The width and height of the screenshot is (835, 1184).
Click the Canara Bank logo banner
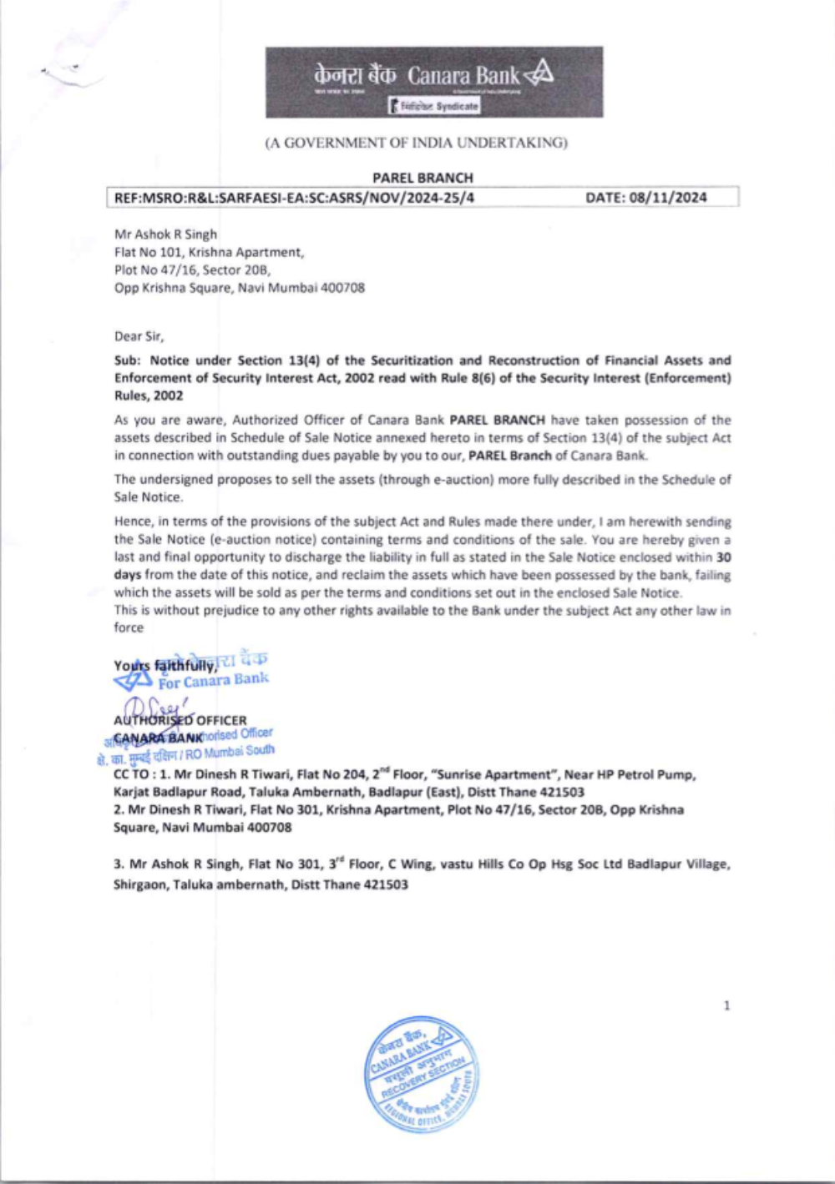(x=434, y=82)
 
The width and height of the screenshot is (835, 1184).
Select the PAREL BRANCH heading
(x=423, y=178)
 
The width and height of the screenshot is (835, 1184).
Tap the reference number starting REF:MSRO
(x=294, y=198)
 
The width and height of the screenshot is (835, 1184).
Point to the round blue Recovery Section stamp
(x=422, y=1075)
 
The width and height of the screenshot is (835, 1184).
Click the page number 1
(x=726, y=1005)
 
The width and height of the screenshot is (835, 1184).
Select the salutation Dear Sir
(x=139, y=336)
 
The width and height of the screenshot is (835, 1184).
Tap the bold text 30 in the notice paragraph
(x=724, y=557)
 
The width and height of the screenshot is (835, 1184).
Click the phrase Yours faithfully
(x=165, y=666)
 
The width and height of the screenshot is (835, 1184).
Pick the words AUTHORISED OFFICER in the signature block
(x=180, y=720)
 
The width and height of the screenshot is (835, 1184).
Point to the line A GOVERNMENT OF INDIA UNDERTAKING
(x=416, y=143)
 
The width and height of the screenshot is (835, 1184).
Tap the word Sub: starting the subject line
(x=128, y=360)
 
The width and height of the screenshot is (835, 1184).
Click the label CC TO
(x=131, y=774)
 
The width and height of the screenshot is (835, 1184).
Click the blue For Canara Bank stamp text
(x=214, y=681)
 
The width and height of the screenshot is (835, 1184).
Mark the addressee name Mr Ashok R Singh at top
(x=165, y=234)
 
